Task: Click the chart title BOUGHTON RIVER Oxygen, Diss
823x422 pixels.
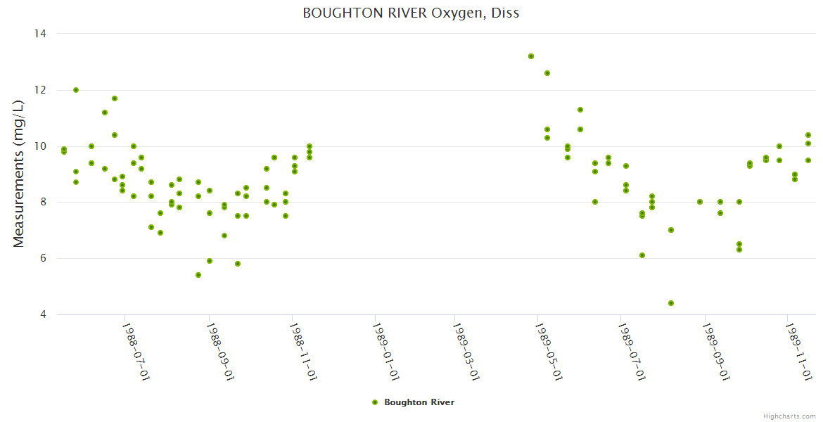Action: [x=411, y=13]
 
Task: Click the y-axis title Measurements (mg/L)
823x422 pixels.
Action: [x=19, y=173]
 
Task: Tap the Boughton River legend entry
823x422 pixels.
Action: [x=419, y=402]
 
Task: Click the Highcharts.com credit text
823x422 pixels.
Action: [x=789, y=416]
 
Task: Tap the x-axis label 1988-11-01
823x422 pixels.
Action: [x=303, y=351]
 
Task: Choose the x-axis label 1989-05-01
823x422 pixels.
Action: [x=549, y=351]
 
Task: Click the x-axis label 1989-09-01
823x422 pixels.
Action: [x=715, y=351]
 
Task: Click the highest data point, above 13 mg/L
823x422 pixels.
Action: [x=531, y=56]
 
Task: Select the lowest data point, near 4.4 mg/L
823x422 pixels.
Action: [x=671, y=303]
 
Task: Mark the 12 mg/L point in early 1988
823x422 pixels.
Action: [x=76, y=90]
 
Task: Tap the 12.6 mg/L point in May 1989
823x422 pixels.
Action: [x=547, y=73]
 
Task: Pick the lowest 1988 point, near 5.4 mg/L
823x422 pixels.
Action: [x=198, y=275]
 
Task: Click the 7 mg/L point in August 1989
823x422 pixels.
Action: [x=671, y=230]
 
